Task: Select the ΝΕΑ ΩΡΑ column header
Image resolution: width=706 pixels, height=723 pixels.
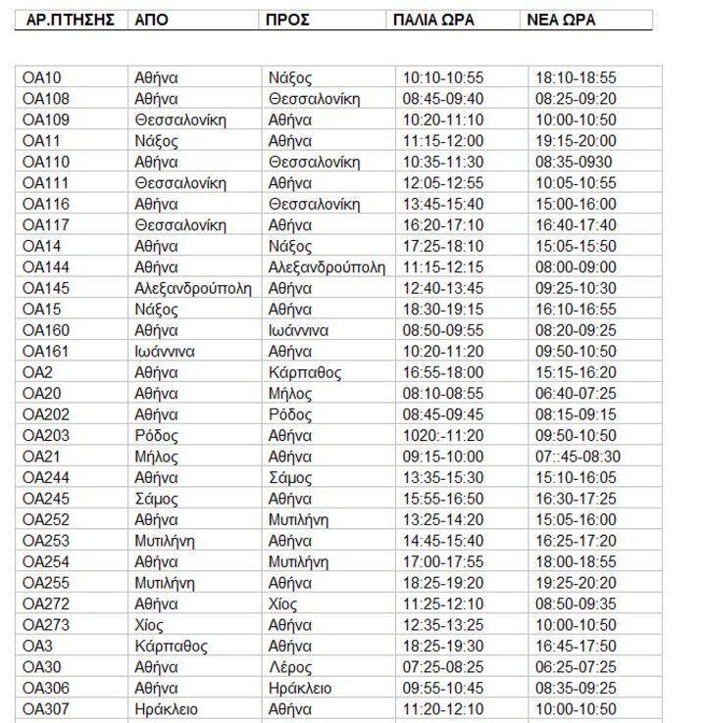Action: click(x=561, y=21)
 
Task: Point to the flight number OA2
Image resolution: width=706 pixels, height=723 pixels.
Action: click(x=38, y=372)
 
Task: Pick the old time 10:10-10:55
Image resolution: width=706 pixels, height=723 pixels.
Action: click(x=442, y=77)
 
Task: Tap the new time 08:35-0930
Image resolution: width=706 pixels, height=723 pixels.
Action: click(x=574, y=162)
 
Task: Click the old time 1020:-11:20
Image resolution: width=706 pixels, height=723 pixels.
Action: click(x=442, y=435)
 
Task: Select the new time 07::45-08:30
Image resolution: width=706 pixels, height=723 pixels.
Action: click(x=576, y=457)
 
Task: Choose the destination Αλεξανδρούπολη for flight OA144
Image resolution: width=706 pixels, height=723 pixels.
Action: click(x=327, y=267)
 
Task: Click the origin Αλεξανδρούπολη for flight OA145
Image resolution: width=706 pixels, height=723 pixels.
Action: click(x=192, y=288)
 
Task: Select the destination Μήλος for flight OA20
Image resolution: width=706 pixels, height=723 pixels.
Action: click(x=291, y=394)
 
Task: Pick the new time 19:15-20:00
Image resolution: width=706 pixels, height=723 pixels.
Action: click(x=576, y=141)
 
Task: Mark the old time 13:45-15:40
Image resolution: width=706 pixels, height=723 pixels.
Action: click(x=442, y=204)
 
